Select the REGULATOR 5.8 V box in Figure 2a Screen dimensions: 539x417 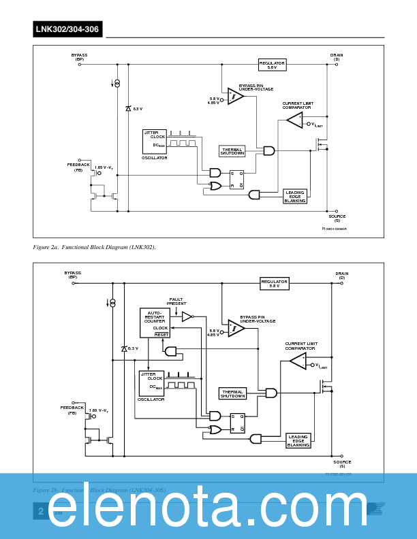click(x=272, y=65)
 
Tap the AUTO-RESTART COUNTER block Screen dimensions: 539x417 click(x=155, y=323)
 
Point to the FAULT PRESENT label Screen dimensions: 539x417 click(x=176, y=301)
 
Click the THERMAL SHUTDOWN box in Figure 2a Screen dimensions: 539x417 click(x=232, y=151)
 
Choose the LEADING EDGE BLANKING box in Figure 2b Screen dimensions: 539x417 click(x=298, y=440)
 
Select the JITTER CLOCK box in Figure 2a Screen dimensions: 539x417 click(x=155, y=140)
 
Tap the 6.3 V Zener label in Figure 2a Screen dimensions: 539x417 click(x=137, y=109)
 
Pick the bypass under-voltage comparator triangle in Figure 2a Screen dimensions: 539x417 click(x=236, y=97)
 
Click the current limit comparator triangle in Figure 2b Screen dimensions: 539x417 click(x=298, y=361)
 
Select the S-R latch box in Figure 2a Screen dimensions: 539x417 click(x=236, y=180)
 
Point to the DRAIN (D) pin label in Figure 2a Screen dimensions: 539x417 click(x=337, y=57)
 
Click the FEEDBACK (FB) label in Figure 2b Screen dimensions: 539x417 click(x=72, y=410)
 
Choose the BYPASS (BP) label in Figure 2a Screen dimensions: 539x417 click(x=79, y=57)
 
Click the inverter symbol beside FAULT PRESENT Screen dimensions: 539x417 click(x=188, y=316)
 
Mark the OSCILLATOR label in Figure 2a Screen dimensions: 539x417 click(x=155, y=158)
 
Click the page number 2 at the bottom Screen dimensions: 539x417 click(x=41, y=511)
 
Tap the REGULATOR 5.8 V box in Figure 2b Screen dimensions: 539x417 click(x=275, y=283)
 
